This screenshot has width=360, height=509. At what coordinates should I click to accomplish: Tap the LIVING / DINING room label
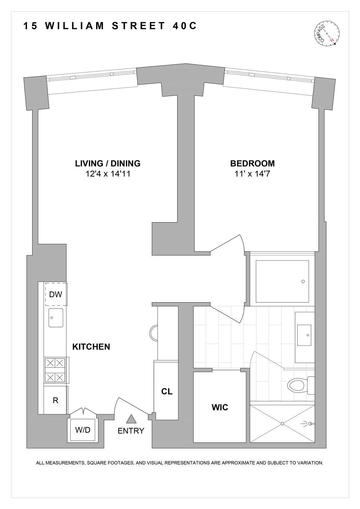point(108,163)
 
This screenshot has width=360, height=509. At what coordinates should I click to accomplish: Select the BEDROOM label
point(252,163)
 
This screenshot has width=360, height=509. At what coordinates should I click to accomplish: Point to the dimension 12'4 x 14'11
point(108,174)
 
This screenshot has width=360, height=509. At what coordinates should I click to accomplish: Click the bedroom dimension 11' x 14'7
point(252,174)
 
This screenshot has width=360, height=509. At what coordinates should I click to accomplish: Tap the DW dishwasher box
point(56,294)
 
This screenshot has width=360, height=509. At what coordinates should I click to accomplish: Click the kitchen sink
point(56,318)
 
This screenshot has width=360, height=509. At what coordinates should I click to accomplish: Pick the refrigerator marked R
point(55,400)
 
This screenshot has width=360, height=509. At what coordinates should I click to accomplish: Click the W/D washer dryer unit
point(83,430)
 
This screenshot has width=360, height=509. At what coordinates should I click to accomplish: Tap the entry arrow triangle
point(131,419)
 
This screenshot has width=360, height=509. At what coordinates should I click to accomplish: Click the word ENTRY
point(131,431)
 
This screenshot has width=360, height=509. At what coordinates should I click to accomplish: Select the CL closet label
point(167,391)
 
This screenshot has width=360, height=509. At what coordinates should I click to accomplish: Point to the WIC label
point(220,407)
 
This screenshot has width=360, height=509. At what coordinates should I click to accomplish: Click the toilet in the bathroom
point(298,385)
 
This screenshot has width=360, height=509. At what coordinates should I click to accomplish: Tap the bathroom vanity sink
point(304,335)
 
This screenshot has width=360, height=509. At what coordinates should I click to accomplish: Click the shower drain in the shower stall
point(282,423)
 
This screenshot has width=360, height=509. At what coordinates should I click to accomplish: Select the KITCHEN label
point(91,347)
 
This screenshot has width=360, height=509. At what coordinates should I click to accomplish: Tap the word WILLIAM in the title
point(75,26)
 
